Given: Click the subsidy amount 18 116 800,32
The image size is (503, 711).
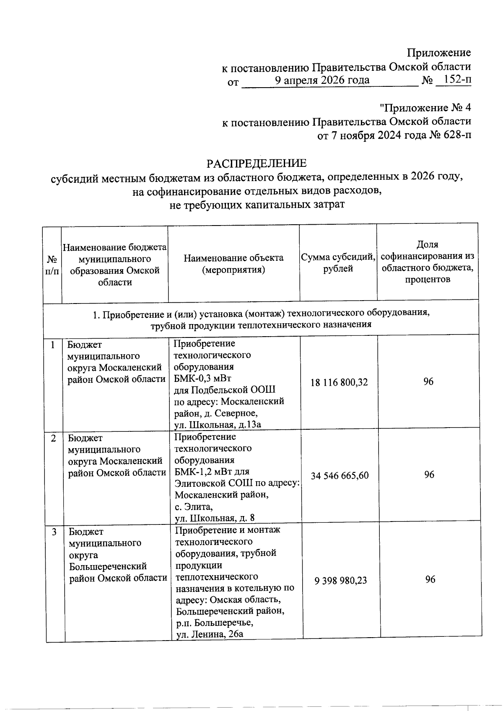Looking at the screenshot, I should click(339, 382).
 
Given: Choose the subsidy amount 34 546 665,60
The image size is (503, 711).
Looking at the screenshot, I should click(340, 475).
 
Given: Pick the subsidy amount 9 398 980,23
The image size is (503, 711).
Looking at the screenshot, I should click(340, 581).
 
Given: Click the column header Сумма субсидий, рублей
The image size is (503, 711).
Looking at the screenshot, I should click(338, 262).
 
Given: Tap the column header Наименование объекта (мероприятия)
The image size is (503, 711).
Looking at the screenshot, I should click(233, 264).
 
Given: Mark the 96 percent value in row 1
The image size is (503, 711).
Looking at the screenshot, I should click(428, 381).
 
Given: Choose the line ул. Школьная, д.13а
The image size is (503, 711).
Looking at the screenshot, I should click(218, 425).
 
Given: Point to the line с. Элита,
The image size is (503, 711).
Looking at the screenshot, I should click(194, 506).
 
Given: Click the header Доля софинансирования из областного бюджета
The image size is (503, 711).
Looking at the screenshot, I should click(428, 262).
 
